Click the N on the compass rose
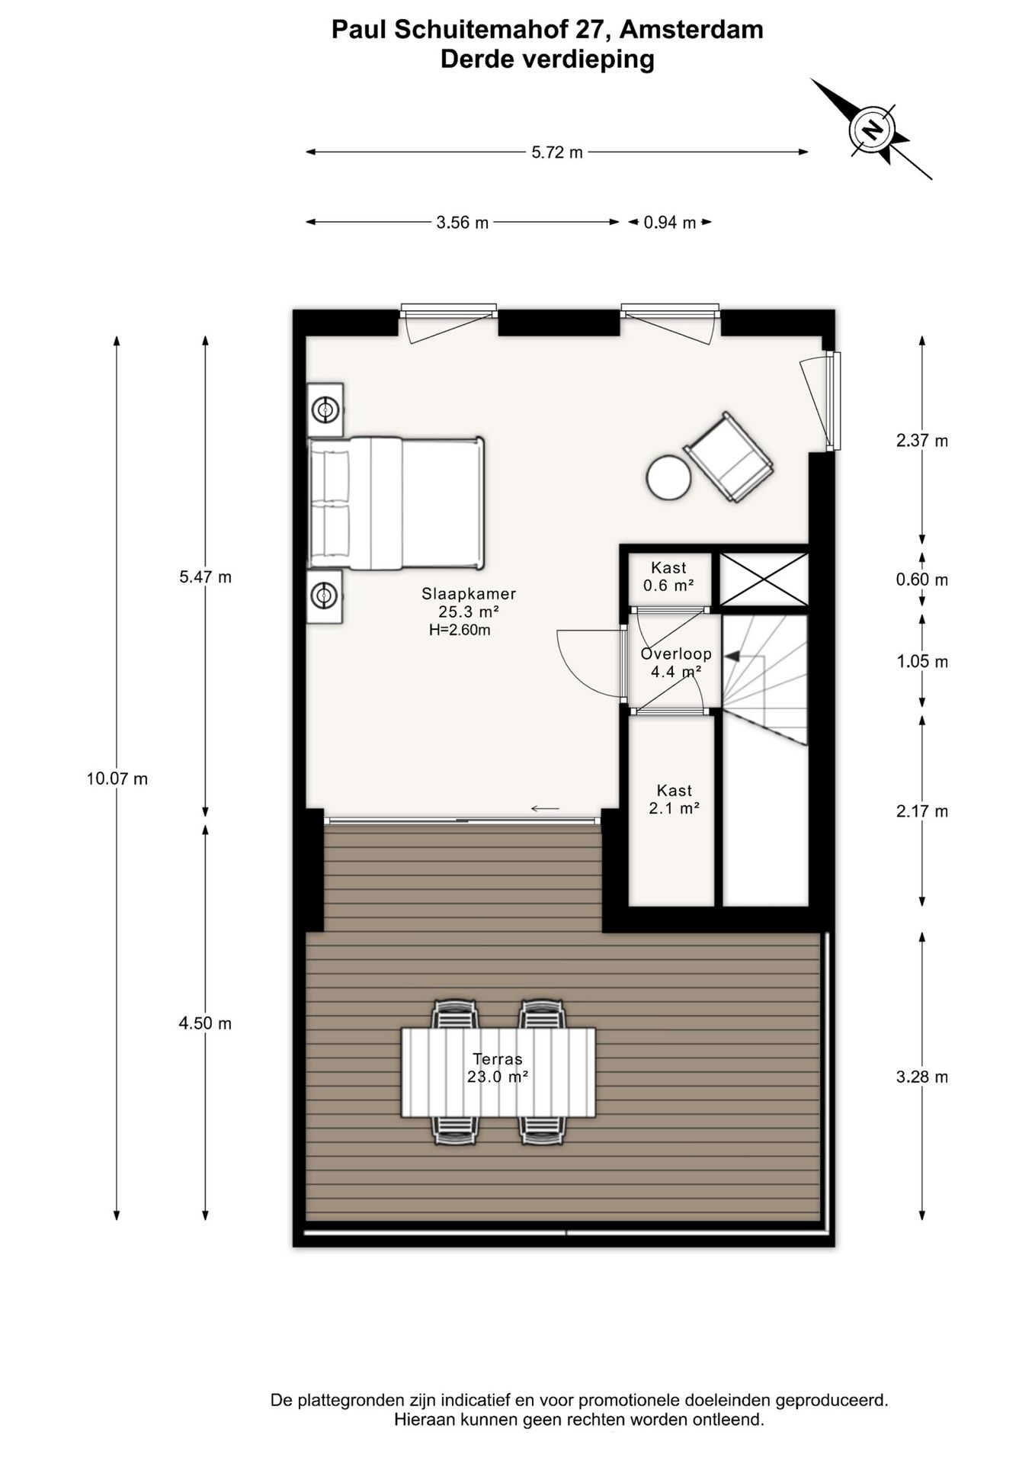[872, 129]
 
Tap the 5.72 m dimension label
[557, 152]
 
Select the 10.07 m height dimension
[117, 779]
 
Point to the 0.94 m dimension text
[670, 223]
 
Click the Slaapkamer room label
[469, 593]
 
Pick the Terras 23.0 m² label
[498, 1067]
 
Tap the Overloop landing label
[676, 653]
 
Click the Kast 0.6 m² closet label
[668, 576]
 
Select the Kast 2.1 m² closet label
[675, 799]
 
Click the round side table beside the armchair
[668, 477]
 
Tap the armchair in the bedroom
[729, 457]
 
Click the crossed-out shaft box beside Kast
[764, 579]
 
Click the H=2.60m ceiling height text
[460, 630]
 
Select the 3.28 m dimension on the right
[922, 1077]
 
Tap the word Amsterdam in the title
[691, 29]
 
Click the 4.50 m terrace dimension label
[205, 1023]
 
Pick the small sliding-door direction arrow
[545, 808]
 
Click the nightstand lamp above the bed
[325, 410]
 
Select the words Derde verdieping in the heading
[547, 59]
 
